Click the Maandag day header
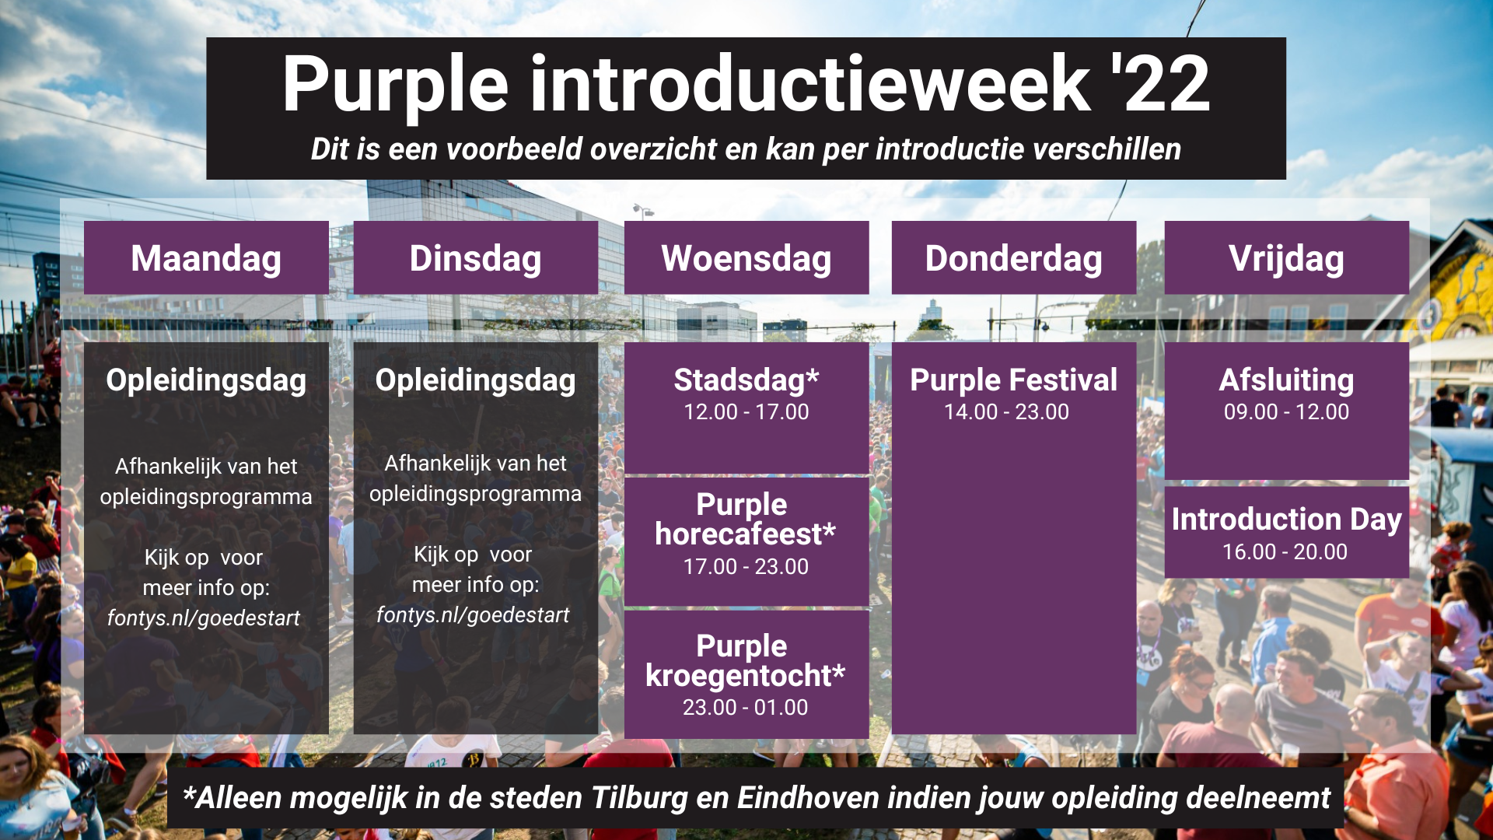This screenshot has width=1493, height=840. [x=206, y=258]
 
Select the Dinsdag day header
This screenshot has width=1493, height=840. [x=475, y=258]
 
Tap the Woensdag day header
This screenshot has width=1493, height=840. [x=746, y=258]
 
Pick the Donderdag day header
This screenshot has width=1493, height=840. [x=1013, y=258]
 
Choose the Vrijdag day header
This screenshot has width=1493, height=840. [x=1286, y=258]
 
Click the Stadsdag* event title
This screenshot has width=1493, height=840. [x=746, y=380]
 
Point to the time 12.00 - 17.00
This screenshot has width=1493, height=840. [x=746, y=412]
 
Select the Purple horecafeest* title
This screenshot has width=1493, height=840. [x=744, y=519]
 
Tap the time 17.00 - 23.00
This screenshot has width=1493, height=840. [x=746, y=567]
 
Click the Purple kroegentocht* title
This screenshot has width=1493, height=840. [x=744, y=660]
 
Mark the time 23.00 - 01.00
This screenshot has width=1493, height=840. [x=745, y=708]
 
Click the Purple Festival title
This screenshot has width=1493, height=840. [x=1013, y=380]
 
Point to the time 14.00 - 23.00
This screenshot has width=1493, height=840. [x=1006, y=412]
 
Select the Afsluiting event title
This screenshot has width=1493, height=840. [x=1286, y=380]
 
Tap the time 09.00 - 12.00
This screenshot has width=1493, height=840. [x=1286, y=412]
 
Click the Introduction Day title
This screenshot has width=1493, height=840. [x=1286, y=519]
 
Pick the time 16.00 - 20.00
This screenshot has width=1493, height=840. [x=1285, y=552]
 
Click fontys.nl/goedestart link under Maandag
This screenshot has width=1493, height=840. [x=203, y=618]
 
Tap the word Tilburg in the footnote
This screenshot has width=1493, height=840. [x=640, y=798]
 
